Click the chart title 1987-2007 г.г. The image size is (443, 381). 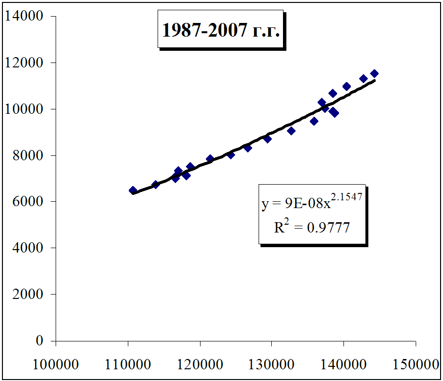[221, 31]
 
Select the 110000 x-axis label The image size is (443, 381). [128, 365]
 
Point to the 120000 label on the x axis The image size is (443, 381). [200, 365]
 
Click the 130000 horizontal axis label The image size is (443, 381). [272, 365]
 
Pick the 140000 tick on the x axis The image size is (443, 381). [343, 365]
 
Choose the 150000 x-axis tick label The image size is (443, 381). [415, 365]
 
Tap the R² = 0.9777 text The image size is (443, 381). [312, 227]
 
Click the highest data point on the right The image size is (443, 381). [374, 74]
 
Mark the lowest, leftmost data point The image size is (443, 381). [133, 190]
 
